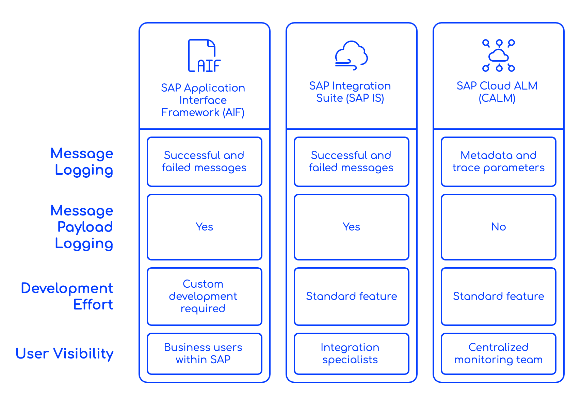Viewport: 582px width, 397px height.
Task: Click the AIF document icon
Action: coord(204,56)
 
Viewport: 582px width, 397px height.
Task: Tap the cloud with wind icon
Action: coord(351,55)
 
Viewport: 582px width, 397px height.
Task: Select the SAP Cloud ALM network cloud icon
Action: coord(498,55)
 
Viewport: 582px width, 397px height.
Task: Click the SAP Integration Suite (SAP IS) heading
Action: coord(350,92)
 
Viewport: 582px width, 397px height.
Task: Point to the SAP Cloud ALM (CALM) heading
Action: coord(497,92)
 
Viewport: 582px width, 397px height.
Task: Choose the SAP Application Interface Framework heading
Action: coord(203,100)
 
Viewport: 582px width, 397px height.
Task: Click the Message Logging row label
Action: coord(82,162)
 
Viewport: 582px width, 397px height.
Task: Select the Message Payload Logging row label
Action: coord(82,227)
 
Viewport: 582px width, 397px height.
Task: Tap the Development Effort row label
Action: coord(67,296)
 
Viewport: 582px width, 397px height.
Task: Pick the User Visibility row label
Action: coord(65,354)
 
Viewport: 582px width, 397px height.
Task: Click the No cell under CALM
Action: coord(498,227)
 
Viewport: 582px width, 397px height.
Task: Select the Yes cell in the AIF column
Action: coord(204,227)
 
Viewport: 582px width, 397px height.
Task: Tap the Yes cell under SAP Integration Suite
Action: coord(351,227)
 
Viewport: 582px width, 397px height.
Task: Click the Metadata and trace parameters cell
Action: coord(498,162)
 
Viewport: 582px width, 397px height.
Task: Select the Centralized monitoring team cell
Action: coord(498,353)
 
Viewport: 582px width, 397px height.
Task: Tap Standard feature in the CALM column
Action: coord(498,296)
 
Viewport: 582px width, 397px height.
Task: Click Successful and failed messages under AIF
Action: coord(204,162)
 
